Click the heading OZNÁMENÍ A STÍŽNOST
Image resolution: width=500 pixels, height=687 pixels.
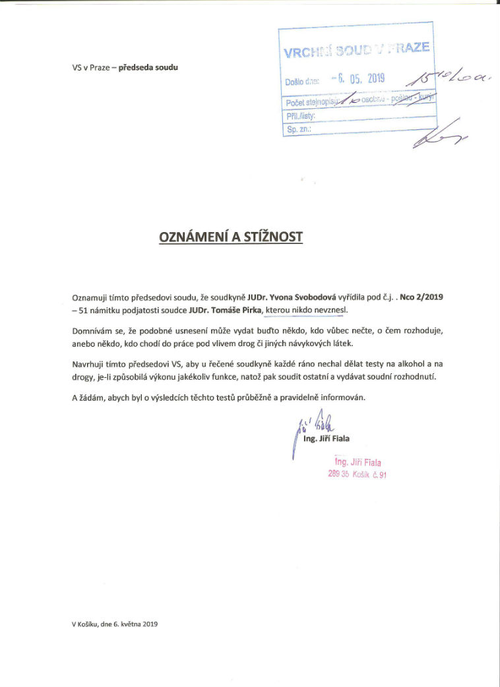(x=231, y=237)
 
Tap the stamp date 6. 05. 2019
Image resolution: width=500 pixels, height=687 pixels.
(x=359, y=78)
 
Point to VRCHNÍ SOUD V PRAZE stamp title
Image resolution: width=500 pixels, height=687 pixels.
(x=356, y=49)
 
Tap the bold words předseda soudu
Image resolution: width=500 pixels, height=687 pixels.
(x=148, y=67)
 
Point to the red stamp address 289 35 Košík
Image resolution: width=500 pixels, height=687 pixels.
(x=357, y=473)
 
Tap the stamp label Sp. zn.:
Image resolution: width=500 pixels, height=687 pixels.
(x=294, y=131)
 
